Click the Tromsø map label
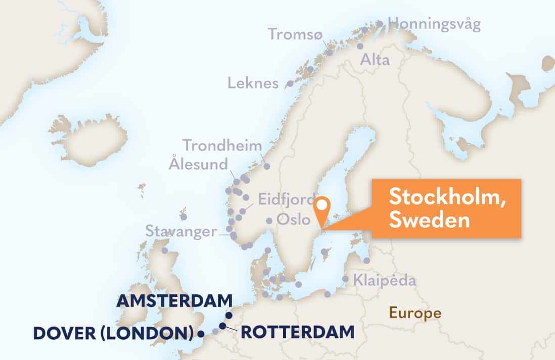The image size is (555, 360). pos(295,34)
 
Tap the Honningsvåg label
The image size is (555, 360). pos(434,24)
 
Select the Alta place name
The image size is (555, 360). pos(375,60)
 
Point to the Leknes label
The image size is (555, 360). pos(253,83)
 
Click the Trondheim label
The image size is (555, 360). pos(222,146)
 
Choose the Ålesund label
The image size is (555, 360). pos(199,164)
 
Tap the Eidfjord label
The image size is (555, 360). pos(287,199)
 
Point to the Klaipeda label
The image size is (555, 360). pos(384,280)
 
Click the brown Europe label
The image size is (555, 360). pos(414,313)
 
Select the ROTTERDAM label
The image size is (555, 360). pos(297,332)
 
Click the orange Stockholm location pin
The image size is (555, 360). pos(321,207)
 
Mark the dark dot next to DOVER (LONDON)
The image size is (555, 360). pos(201,334)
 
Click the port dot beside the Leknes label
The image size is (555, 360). pos(290,83)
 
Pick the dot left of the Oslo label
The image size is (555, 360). pos(269,220)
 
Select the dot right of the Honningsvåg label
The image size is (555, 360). pos(380,24)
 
